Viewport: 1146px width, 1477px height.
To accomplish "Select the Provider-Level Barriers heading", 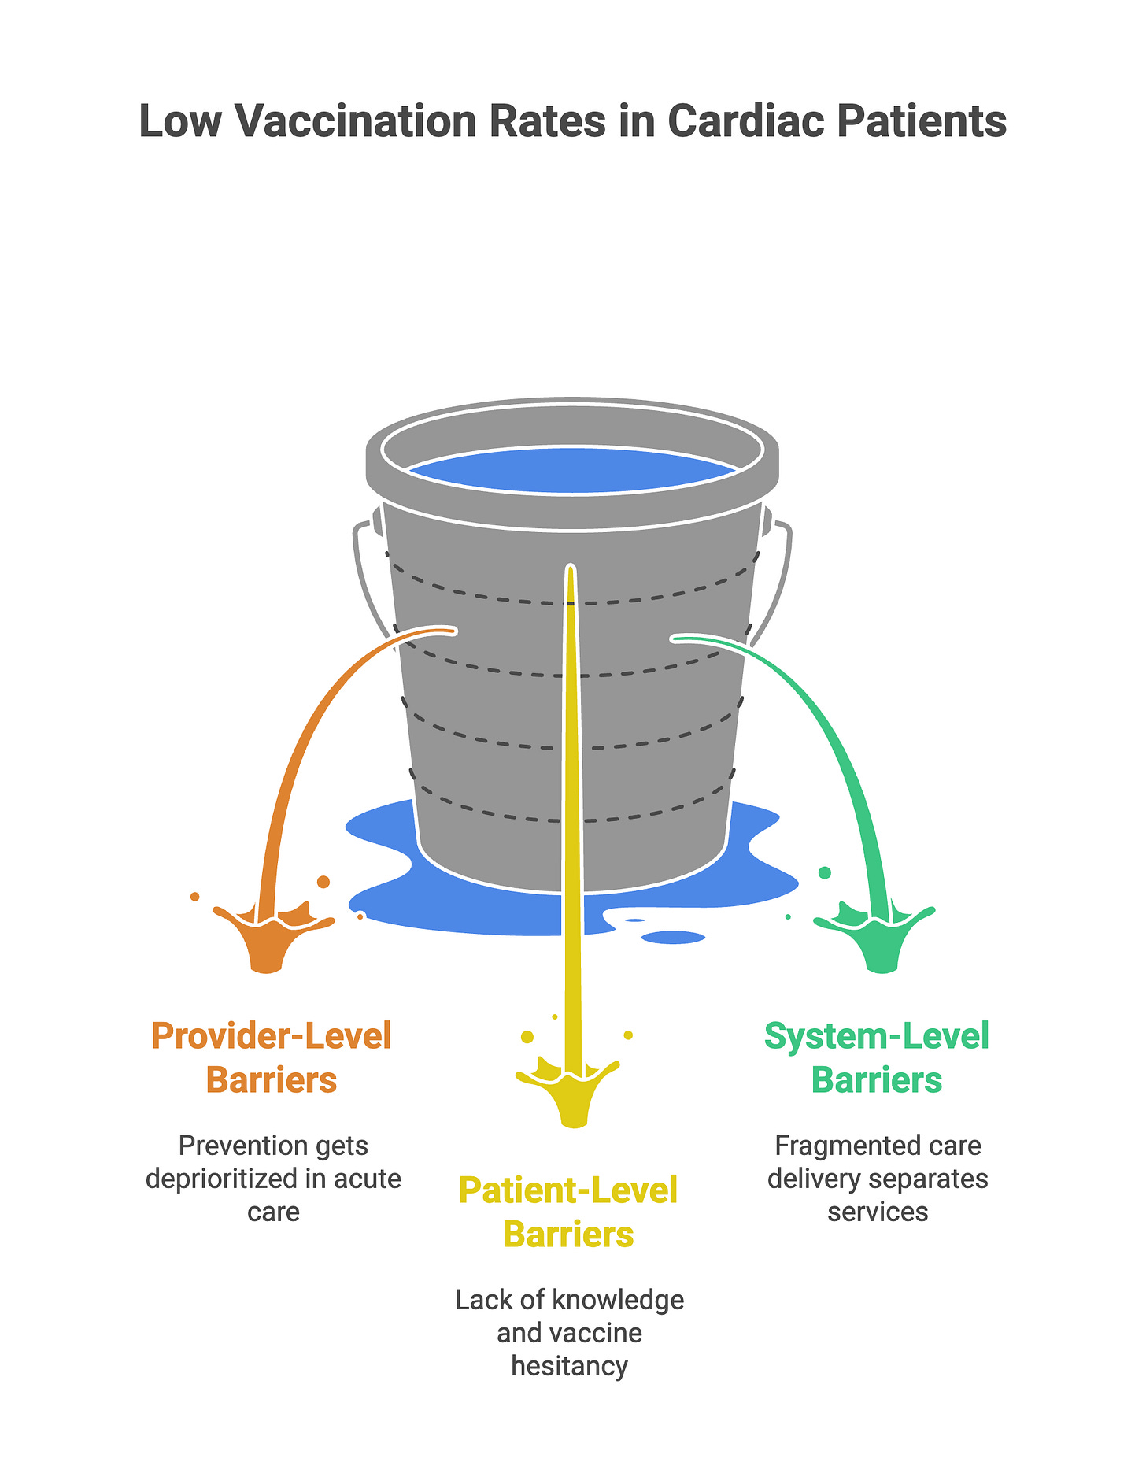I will click(x=272, y=1057).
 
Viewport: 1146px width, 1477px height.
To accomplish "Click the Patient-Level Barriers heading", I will click(x=568, y=1212).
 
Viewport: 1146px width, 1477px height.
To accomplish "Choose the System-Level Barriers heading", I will click(x=877, y=1057).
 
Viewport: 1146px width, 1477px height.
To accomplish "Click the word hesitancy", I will click(x=569, y=1366).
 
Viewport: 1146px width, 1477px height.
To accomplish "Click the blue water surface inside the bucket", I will click(x=572, y=471).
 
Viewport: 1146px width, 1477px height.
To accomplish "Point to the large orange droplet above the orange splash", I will click(x=323, y=881).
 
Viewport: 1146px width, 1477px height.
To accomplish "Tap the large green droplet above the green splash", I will click(x=825, y=872).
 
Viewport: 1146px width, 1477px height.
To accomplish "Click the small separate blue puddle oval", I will click(x=673, y=937).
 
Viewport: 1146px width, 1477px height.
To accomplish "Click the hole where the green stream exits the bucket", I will click(x=675, y=639).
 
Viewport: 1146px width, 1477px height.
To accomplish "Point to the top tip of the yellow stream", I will click(x=571, y=568).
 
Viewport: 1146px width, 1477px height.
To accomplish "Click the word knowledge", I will click(x=619, y=1300).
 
